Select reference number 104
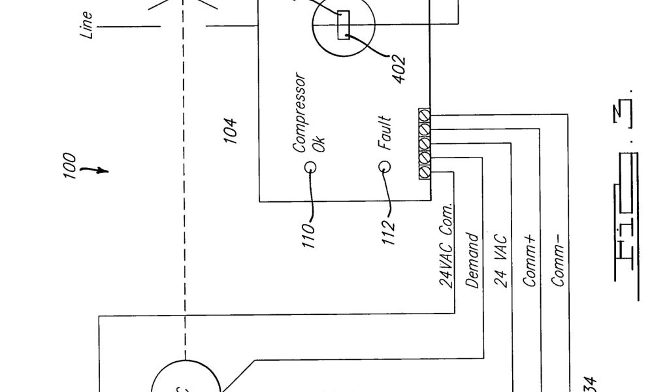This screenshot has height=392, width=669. [230, 130]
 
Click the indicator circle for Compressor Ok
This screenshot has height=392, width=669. [309, 166]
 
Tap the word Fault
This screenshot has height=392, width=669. [386, 133]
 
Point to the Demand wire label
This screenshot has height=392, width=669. [474, 262]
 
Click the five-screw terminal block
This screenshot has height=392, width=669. [424, 143]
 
